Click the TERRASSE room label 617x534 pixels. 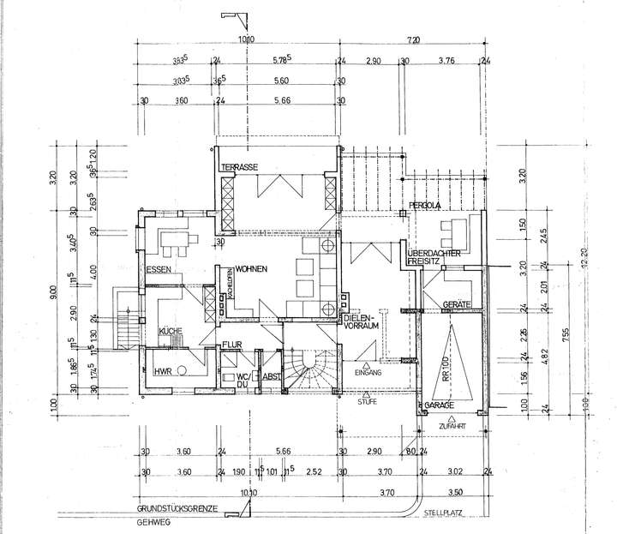click(240, 166)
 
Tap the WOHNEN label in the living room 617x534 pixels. click(253, 270)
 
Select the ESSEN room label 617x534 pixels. click(159, 271)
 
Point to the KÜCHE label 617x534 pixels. click(171, 330)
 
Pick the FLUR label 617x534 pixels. click(232, 345)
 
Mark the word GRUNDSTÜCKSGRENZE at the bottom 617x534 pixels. click(177, 508)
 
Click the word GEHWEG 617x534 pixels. click(151, 522)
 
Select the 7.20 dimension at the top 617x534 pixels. click(414, 39)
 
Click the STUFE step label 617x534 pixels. click(368, 399)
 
